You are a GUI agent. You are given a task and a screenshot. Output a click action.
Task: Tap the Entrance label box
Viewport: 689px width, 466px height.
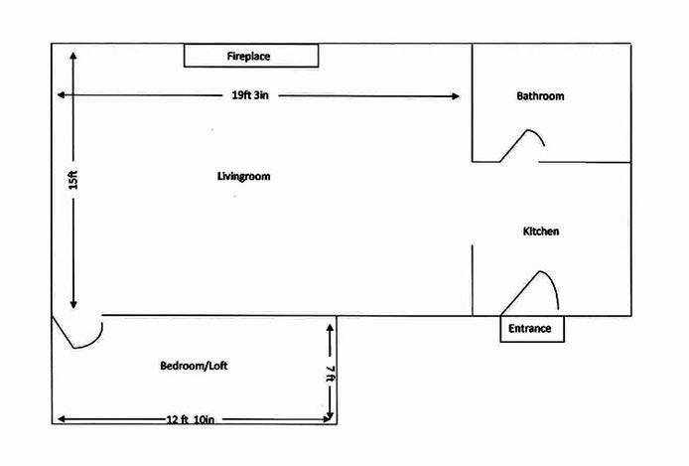(x=531, y=329)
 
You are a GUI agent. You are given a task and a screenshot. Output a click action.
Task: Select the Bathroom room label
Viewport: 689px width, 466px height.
(x=540, y=96)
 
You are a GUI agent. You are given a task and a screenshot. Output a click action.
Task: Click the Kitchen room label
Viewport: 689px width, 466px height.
(x=541, y=232)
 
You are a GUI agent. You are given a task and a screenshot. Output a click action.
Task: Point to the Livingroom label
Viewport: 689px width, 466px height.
(x=243, y=176)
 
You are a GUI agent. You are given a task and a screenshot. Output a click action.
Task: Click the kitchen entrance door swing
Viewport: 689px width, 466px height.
(x=536, y=290)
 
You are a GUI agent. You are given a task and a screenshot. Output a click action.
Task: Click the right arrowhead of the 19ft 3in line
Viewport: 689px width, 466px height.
(x=456, y=96)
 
